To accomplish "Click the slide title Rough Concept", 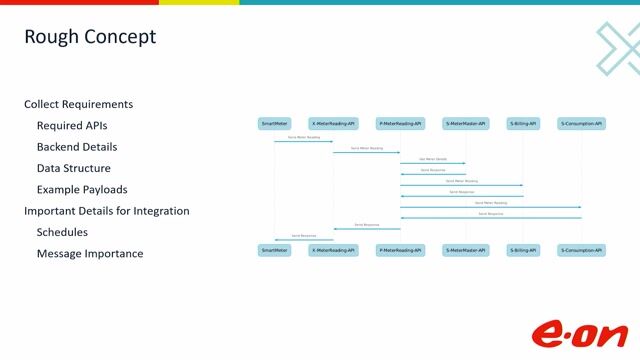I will [90, 38].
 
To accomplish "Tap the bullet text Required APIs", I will [72, 126].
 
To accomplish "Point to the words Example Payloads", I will [82, 189].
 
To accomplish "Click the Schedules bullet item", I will [62, 232].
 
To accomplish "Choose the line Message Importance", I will [90, 254].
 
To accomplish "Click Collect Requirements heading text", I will [78, 104].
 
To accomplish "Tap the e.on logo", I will [579, 333].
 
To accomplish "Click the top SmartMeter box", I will [274, 124].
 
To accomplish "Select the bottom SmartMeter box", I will [274, 250].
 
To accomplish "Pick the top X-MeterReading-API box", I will [333, 124].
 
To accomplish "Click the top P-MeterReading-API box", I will [400, 124].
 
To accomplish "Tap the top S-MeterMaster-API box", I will [465, 124].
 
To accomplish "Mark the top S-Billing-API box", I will [523, 124].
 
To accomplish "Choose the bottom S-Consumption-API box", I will [581, 250].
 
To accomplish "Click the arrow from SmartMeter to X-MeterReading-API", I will [304, 141].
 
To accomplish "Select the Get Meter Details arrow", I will [433, 162].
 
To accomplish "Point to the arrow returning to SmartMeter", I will [304, 239].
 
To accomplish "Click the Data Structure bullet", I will [74, 168].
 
